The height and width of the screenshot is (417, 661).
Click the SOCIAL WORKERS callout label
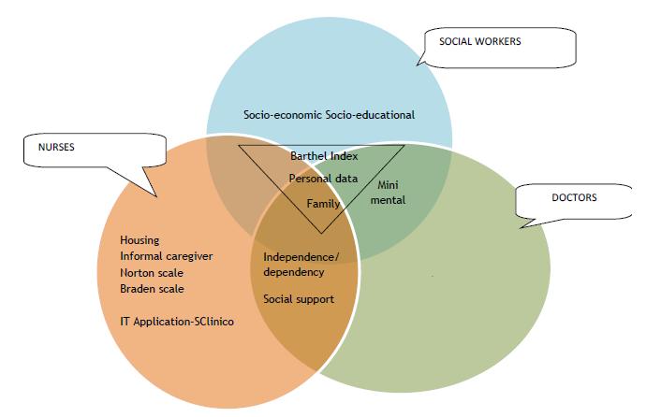[479, 41]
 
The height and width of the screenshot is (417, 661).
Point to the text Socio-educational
[370, 116]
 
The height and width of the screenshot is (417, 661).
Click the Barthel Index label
[324, 156]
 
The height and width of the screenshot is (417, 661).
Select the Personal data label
[323, 178]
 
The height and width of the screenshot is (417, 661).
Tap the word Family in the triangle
[323, 203]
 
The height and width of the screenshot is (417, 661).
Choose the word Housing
[140, 240]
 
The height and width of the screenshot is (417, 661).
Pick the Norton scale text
[152, 272]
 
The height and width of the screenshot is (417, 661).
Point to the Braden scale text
[152, 288]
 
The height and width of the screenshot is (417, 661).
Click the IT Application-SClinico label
[177, 321]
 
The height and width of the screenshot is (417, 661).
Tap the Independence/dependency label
[301, 265]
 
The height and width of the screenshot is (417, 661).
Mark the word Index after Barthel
[344, 156]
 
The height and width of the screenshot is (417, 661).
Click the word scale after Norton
[169, 272]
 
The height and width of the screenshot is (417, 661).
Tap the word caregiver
[184, 256]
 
